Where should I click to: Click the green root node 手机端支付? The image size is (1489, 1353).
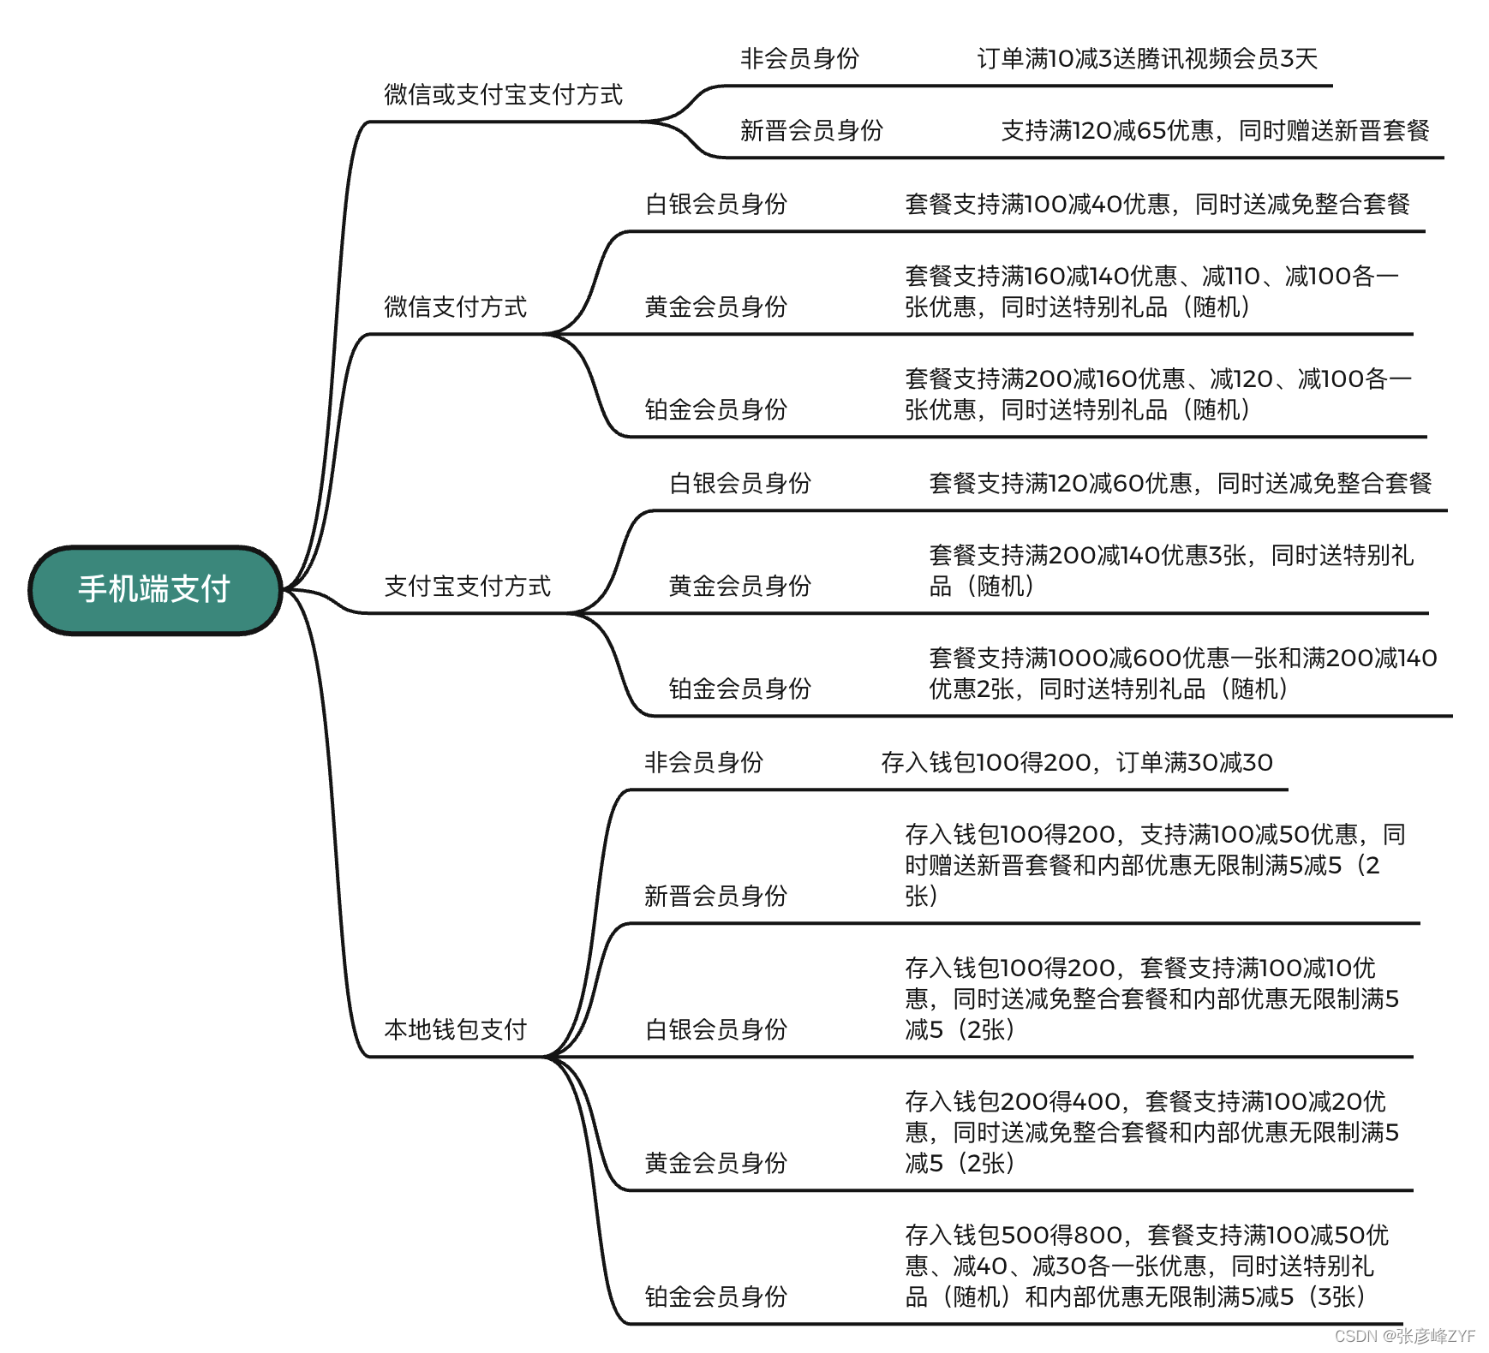point(155,589)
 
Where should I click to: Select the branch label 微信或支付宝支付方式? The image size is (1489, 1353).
point(503,94)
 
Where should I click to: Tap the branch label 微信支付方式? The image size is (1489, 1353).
point(455,307)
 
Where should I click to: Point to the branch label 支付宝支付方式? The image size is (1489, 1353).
point(467,586)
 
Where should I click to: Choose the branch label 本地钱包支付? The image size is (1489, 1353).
point(455,1029)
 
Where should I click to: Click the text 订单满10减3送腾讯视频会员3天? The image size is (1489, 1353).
point(1146,58)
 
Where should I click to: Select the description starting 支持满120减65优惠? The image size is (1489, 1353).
point(1215,130)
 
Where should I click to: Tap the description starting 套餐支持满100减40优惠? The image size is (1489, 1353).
point(1157,204)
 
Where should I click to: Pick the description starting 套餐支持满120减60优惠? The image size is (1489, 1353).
point(1180,483)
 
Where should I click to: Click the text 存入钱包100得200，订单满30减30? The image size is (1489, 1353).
point(1076,762)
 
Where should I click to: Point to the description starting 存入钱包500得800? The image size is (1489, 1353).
point(1146,1266)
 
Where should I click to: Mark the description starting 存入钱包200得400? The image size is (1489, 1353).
point(1151,1132)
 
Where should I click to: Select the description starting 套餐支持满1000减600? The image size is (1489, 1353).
point(1182,673)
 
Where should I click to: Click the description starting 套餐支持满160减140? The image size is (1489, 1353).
point(1151,291)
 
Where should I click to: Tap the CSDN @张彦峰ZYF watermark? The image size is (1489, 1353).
point(1405,1336)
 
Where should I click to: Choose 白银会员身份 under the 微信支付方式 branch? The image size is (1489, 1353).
point(715,204)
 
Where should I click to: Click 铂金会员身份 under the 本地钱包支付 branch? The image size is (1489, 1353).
point(715,1296)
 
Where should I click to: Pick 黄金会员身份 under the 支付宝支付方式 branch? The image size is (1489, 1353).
point(739,586)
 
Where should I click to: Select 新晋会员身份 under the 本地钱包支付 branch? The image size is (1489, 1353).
point(715,896)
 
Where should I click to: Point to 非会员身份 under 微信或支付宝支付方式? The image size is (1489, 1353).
point(799,58)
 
